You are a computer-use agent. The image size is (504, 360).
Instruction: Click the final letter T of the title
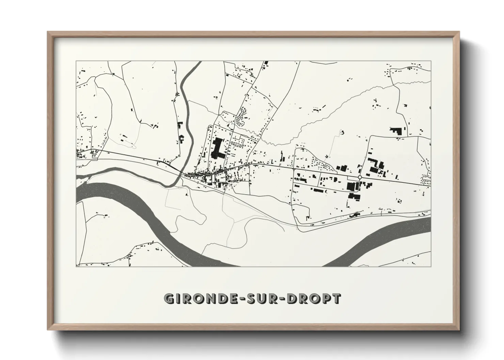[x=336, y=298]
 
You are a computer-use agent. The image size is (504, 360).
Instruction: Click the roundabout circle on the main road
[x=360, y=177]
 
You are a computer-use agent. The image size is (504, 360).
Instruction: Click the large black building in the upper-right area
[x=396, y=131]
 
